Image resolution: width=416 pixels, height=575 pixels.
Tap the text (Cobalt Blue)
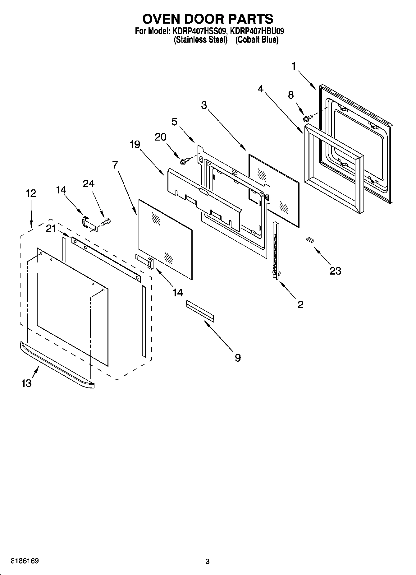(x=257, y=40)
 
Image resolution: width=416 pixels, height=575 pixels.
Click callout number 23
(x=335, y=271)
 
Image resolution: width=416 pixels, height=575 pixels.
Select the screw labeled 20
(x=184, y=161)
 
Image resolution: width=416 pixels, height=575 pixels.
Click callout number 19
(x=135, y=145)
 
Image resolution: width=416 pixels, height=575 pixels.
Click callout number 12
(x=31, y=193)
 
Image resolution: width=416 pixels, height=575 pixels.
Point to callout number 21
(x=50, y=229)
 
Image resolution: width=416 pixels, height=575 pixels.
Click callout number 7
(x=115, y=165)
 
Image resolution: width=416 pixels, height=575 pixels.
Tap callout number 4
(x=260, y=89)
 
